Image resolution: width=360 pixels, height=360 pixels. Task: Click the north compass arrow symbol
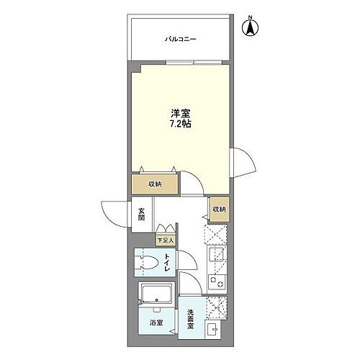251,28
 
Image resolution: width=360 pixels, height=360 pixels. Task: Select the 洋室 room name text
180,112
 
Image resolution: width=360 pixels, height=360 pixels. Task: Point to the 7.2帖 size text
180,125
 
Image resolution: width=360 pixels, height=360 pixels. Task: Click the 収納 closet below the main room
155,184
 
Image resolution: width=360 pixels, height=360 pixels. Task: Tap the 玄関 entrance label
142,214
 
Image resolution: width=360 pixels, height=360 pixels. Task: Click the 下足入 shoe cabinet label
165,240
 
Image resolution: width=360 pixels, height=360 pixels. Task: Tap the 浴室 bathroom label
156,323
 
